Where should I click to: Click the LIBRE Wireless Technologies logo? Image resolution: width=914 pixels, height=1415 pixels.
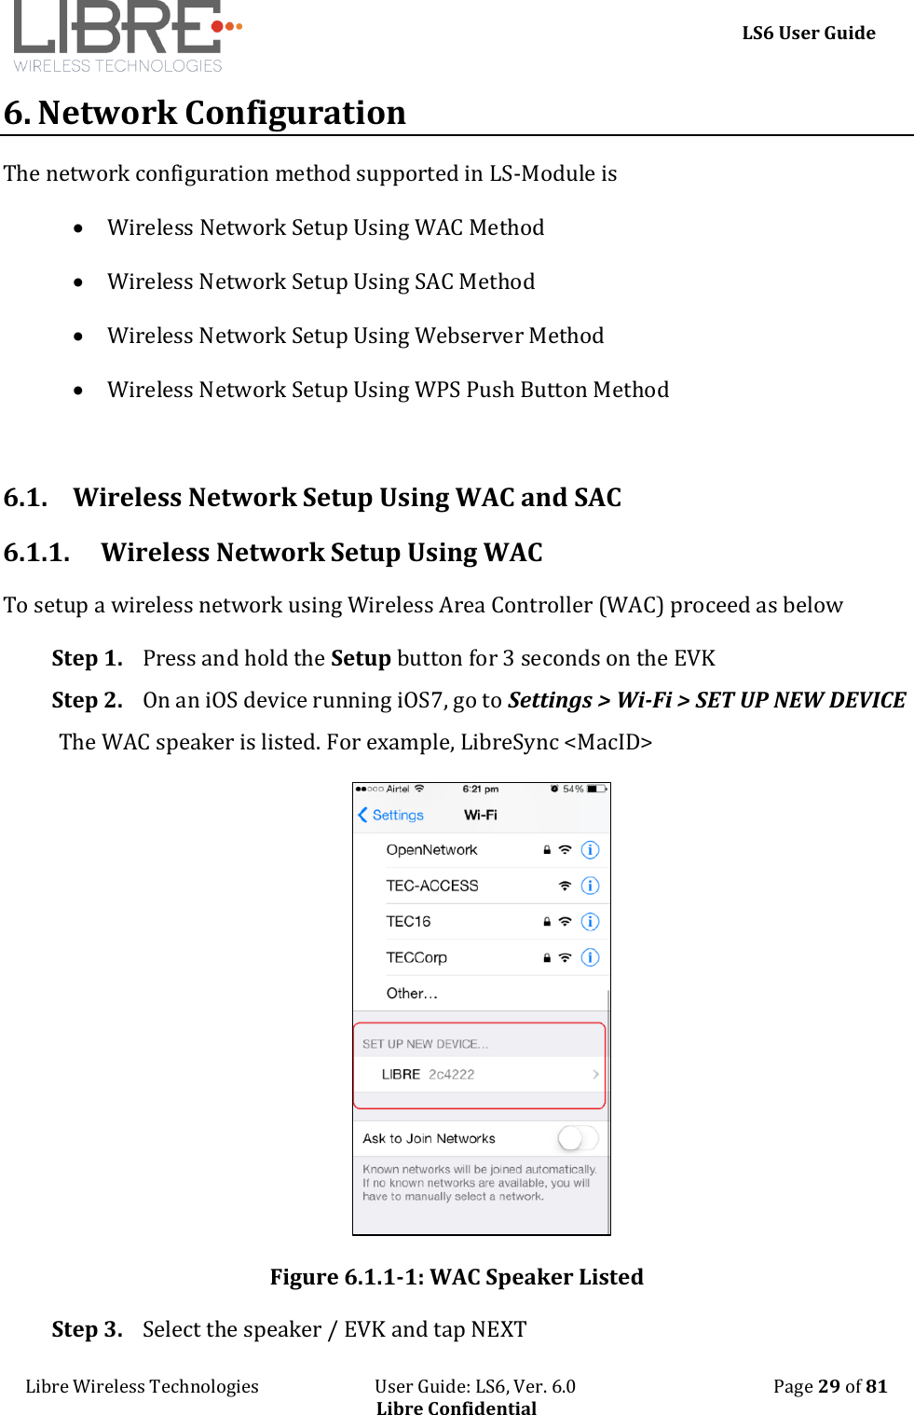(126, 35)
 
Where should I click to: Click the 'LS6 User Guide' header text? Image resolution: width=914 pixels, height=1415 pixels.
(808, 34)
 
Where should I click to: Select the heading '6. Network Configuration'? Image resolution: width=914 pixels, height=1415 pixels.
(205, 113)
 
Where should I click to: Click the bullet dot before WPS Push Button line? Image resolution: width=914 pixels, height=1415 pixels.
(79, 391)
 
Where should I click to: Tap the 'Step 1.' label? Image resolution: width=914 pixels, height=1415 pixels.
(87, 658)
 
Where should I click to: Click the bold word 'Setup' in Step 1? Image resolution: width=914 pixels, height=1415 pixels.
(361, 658)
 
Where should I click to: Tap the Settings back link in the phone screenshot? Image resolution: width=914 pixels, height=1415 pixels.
(391, 815)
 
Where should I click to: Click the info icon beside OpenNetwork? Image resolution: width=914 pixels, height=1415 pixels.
(590, 850)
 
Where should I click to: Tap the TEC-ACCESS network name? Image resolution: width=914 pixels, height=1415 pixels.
(432, 886)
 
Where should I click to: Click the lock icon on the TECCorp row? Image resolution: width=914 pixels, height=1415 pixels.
(547, 957)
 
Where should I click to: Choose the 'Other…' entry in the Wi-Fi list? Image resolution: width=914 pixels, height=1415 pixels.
(412, 994)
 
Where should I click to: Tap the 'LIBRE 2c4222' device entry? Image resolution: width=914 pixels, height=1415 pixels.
(429, 1074)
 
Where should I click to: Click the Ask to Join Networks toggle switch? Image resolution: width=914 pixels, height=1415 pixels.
(577, 1138)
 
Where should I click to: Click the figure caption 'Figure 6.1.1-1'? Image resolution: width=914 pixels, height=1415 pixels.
(457, 1277)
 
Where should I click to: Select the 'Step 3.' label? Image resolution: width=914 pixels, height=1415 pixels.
(87, 1329)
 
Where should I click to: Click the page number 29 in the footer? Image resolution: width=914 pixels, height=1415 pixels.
(829, 1386)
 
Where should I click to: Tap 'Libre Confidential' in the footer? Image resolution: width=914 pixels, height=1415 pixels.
(457, 1408)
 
